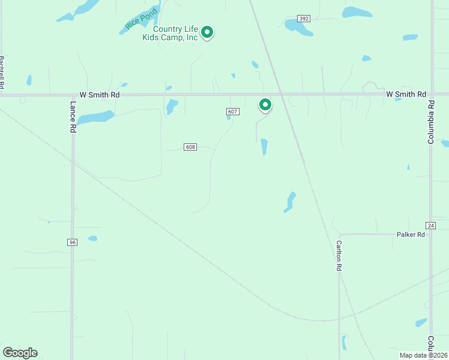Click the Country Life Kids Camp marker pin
(x=207, y=32)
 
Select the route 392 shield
(x=304, y=19)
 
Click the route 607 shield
(x=234, y=112)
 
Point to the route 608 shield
(x=190, y=147)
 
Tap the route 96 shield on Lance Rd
(x=72, y=242)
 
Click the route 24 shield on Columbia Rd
(x=430, y=225)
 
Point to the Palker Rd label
(x=411, y=235)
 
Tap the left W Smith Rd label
(x=100, y=95)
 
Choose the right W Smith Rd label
(x=406, y=94)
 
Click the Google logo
(x=20, y=353)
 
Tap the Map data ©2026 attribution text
(x=423, y=355)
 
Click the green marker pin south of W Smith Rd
(x=265, y=105)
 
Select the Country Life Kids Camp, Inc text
(x=170, y=33)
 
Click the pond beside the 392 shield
(x=297, y=26)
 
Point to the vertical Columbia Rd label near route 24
(x=430, y=122)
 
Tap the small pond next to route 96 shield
(x=92, y=238)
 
